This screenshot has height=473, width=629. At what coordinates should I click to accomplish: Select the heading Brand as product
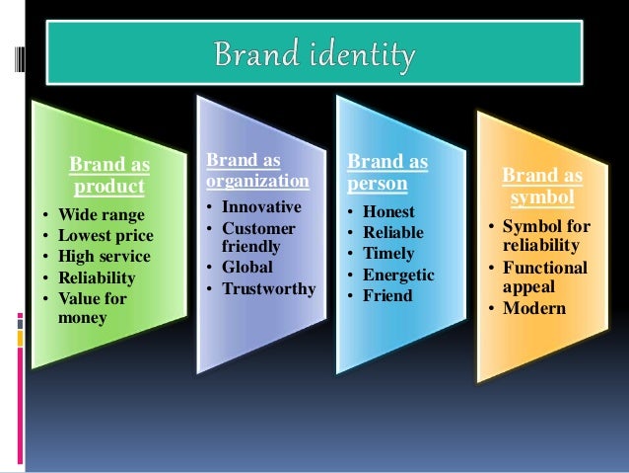(107, 176)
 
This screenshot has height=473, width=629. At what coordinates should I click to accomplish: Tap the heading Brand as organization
(257, 171)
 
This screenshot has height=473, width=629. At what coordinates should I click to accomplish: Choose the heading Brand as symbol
(542, 187)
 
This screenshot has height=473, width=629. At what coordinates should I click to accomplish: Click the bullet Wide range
(101, 214)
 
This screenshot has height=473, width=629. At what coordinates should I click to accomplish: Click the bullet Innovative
(261, 207)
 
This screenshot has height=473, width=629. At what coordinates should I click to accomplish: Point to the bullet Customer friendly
(258, 237)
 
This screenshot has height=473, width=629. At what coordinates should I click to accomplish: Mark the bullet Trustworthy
(268, 288)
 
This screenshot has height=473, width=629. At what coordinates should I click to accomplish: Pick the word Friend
(386, 294)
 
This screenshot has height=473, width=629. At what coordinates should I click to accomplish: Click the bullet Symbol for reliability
(546, 235)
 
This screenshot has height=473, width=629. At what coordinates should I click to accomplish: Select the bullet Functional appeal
(545, 276)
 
